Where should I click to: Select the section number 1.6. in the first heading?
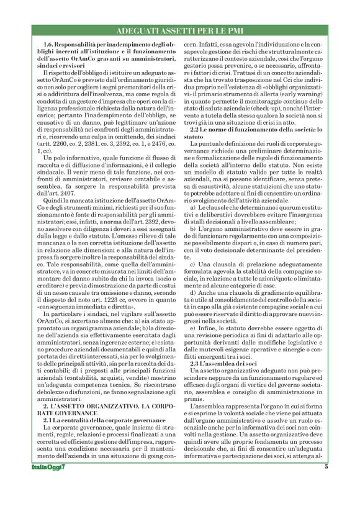51,45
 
